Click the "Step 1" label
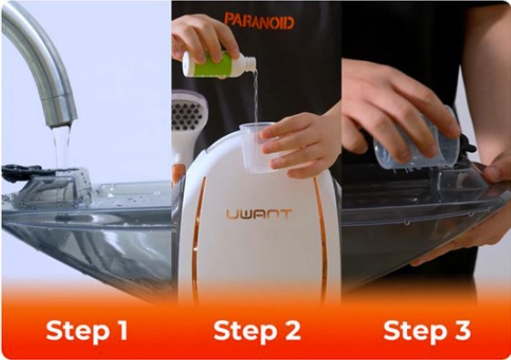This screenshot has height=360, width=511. (x=87, y=330)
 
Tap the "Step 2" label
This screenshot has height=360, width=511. (x=257, y=330)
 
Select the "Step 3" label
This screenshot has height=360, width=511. (x=427, y=330)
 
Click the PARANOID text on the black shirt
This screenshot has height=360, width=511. (x=259, y=21)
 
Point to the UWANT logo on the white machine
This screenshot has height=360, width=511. (x=259, y=214)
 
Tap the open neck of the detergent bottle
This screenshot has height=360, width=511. (x=250, y=64)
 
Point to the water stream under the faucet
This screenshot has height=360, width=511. (x=61, y=147)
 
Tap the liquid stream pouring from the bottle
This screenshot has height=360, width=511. (x=255, y=95)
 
